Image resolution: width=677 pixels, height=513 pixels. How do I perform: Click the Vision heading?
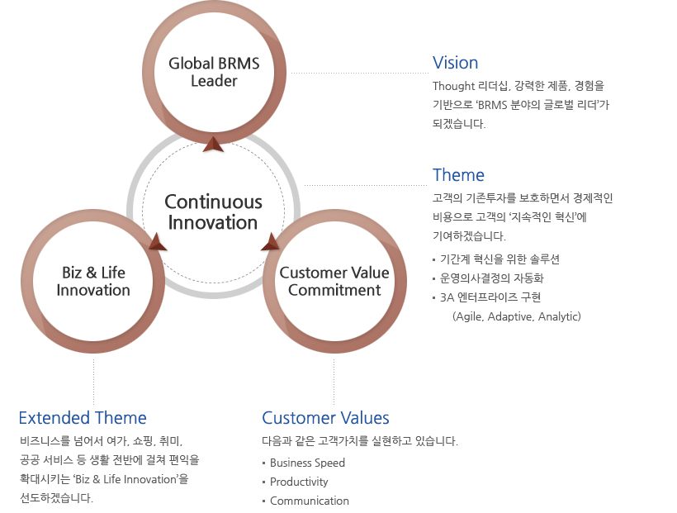[455, 63]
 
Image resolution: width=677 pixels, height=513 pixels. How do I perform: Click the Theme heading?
[458, 175]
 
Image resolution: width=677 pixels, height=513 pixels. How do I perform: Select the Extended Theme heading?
[83, 418]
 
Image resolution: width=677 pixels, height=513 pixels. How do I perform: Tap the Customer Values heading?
[325, 418]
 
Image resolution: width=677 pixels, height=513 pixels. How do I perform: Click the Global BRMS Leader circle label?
[214, 72]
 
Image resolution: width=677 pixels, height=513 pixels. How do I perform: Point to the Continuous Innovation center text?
[213, 212]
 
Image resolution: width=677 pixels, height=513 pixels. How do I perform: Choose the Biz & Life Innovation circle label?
[93, 281]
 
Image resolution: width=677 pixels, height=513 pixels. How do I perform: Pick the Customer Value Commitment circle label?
[334, 281]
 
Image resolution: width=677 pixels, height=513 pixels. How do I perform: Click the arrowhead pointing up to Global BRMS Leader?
[214, 145]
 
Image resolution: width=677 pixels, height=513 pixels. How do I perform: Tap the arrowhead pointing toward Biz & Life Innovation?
[158, 241]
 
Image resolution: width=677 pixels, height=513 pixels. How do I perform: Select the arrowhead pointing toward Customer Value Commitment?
[270, 241]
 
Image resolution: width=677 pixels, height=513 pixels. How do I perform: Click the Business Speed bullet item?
[307, 463]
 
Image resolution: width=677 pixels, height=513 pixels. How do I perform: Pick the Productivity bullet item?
[299, 482]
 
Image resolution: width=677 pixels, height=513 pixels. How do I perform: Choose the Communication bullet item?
[309, 501]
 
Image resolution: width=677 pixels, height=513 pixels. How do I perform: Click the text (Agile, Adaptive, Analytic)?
[517, 316]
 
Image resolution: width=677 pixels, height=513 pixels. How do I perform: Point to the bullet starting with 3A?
[490, 297]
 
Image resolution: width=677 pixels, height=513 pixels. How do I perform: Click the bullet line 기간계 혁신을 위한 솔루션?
[499, 259]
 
